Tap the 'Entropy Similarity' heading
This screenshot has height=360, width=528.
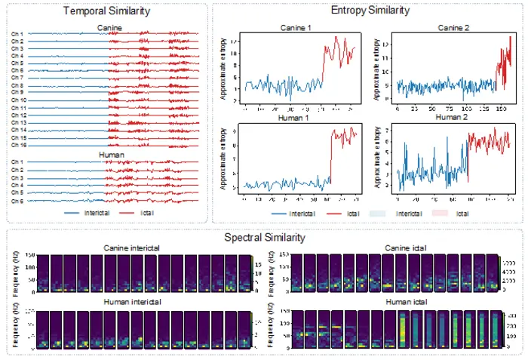370,11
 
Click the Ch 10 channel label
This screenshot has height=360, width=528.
19,100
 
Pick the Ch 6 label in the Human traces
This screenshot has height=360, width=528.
17,201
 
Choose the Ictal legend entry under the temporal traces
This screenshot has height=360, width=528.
148,214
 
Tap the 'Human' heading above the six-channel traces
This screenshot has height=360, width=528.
112,155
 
